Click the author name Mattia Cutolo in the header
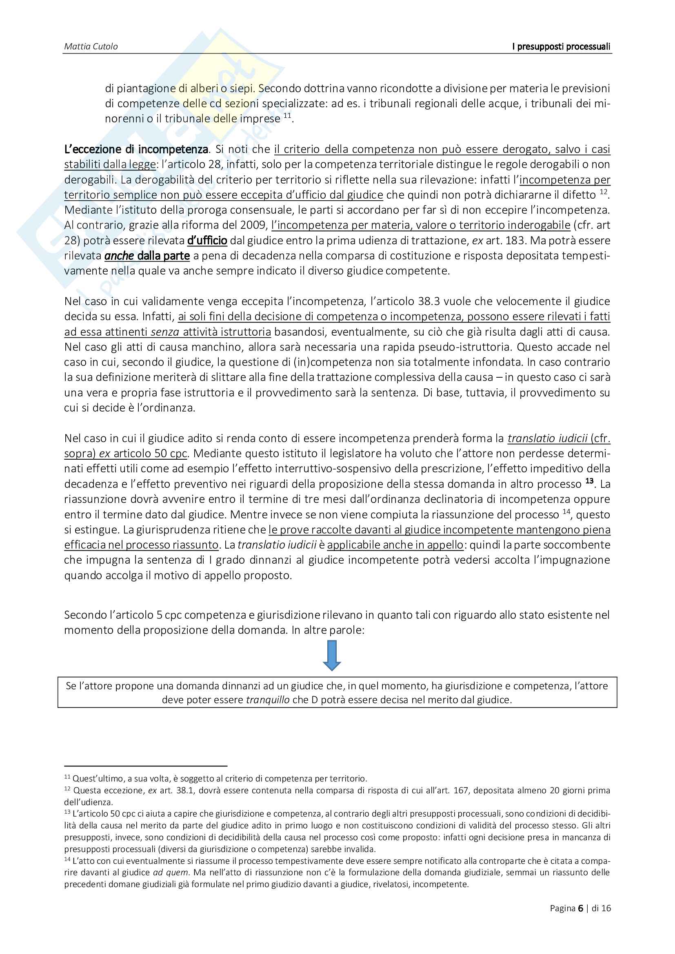point(91,46)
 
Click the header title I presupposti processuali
point(561,46)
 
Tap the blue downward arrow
point(332,655)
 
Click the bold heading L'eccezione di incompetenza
point(136,149)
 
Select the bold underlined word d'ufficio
point(207,241)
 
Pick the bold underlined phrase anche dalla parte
point(147,256)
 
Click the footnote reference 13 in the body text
point(589,481)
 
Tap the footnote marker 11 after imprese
point(287,115)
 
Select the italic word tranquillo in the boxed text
point(267,700)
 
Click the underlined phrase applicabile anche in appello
point(395,545)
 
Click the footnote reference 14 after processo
point(566,512)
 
